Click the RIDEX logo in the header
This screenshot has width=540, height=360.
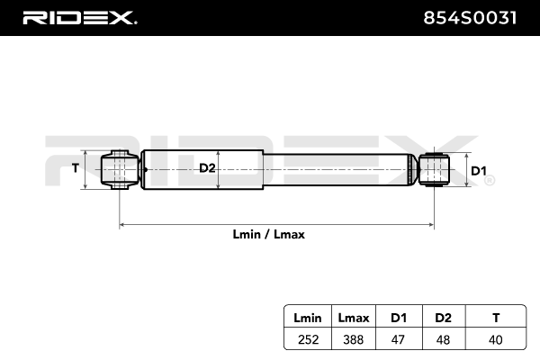(79, 18)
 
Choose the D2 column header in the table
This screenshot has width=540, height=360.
(442, 317)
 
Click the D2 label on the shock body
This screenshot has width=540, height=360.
(206, 168)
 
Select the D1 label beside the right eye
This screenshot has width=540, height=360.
(479, 171)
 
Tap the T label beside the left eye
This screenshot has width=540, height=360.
(76, 168)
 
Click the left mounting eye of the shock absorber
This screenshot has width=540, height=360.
(119, 170)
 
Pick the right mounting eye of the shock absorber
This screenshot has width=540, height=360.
(436, 170)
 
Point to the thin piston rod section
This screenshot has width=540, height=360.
(342, 170)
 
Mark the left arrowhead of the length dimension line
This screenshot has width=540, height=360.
(122, 223)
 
